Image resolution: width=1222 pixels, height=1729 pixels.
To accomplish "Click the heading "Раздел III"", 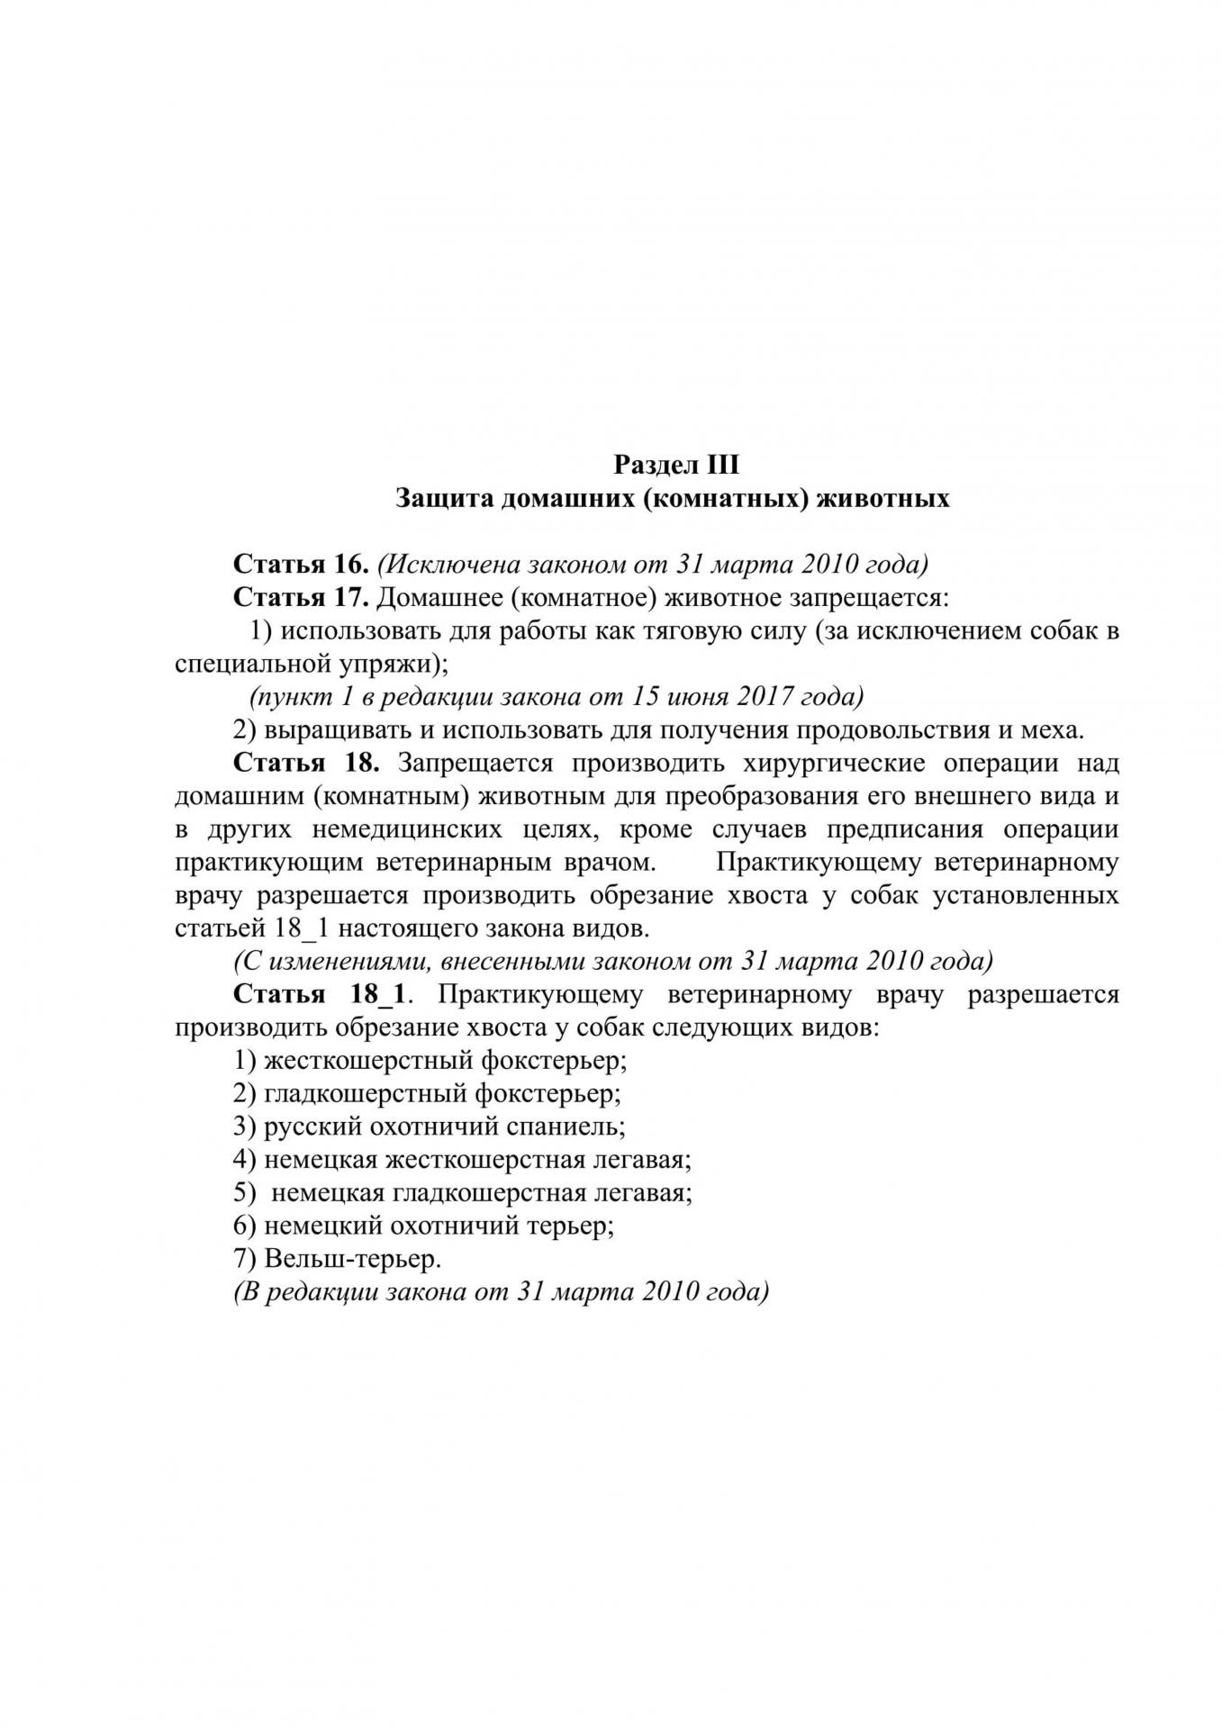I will pos(675,465).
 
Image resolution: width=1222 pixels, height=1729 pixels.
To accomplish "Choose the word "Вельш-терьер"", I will pos(353,1259).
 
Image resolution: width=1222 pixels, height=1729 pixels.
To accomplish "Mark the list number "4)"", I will pos(246,1160).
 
